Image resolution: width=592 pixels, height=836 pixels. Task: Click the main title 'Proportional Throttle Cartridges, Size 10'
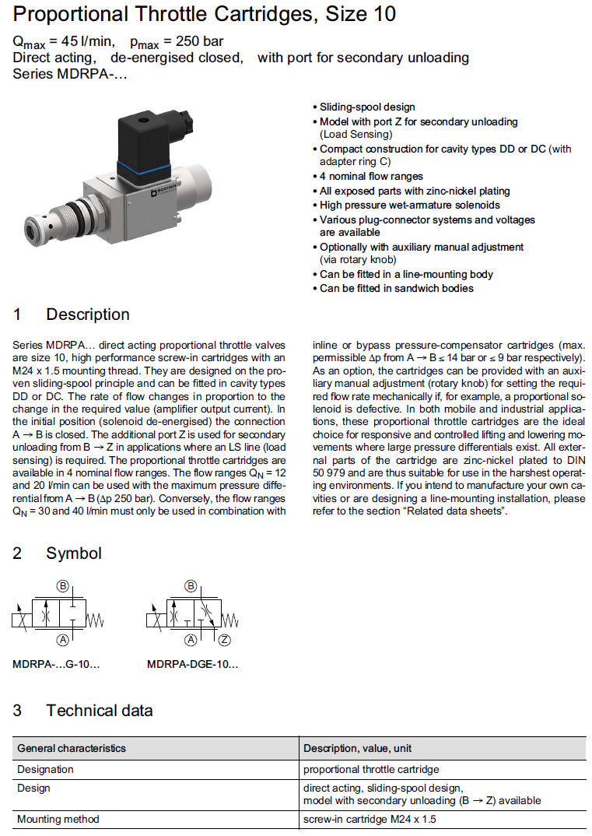[205, 14]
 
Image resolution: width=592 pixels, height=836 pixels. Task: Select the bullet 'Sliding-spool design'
[367, 107]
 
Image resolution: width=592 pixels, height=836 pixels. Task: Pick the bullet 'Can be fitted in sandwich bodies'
[396, 288]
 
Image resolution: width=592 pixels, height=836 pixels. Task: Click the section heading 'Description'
[88, 314]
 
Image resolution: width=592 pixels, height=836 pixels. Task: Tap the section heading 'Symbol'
[74, 553]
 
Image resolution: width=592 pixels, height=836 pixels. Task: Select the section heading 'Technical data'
[99, 710]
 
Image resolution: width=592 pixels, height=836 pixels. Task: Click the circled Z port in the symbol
[226, 640]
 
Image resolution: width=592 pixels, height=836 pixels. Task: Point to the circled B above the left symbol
[63, 585]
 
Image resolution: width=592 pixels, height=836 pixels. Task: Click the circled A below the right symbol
[190, 640]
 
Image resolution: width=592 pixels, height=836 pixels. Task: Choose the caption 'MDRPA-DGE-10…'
[192, 665]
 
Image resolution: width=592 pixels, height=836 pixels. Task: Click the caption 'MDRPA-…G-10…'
[56, 665]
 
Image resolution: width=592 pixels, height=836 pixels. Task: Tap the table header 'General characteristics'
[71, 748]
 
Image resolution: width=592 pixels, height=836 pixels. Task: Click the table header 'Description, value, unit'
[358, 748]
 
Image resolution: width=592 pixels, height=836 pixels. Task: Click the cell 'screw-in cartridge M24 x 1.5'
[370, 819]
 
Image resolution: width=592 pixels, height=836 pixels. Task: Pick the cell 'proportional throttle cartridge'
[371, 769]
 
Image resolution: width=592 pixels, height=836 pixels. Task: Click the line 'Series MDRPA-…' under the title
[69, 74]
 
